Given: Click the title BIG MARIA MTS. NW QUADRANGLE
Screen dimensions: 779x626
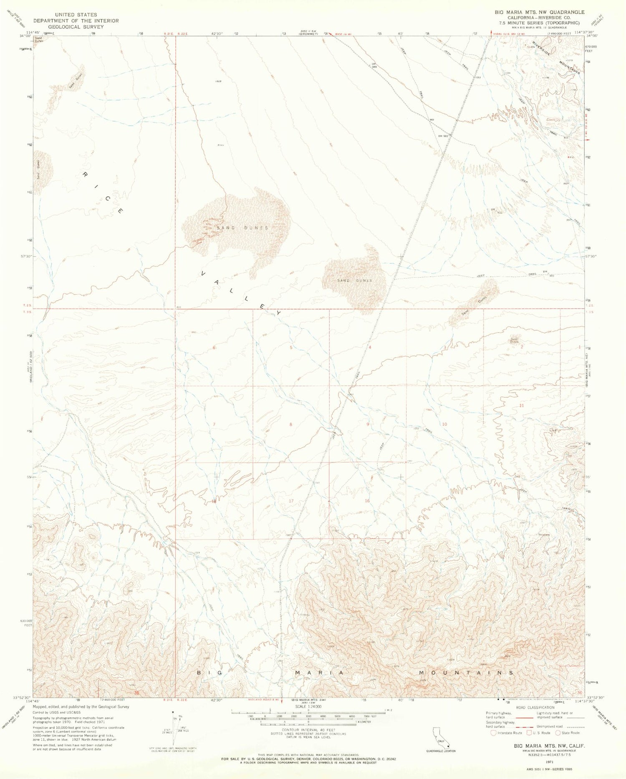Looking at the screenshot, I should click(539, 12).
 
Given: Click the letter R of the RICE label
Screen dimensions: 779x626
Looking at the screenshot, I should click(85, 174).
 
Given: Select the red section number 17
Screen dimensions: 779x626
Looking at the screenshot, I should click(291, 501).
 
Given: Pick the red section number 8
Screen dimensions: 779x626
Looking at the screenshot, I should click(291, 424).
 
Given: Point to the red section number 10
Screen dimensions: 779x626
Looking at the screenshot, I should click(444, 424).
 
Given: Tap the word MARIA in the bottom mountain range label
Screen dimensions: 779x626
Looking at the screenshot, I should click(319, 673).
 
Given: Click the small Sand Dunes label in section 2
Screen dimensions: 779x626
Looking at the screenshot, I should click(514, 340).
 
